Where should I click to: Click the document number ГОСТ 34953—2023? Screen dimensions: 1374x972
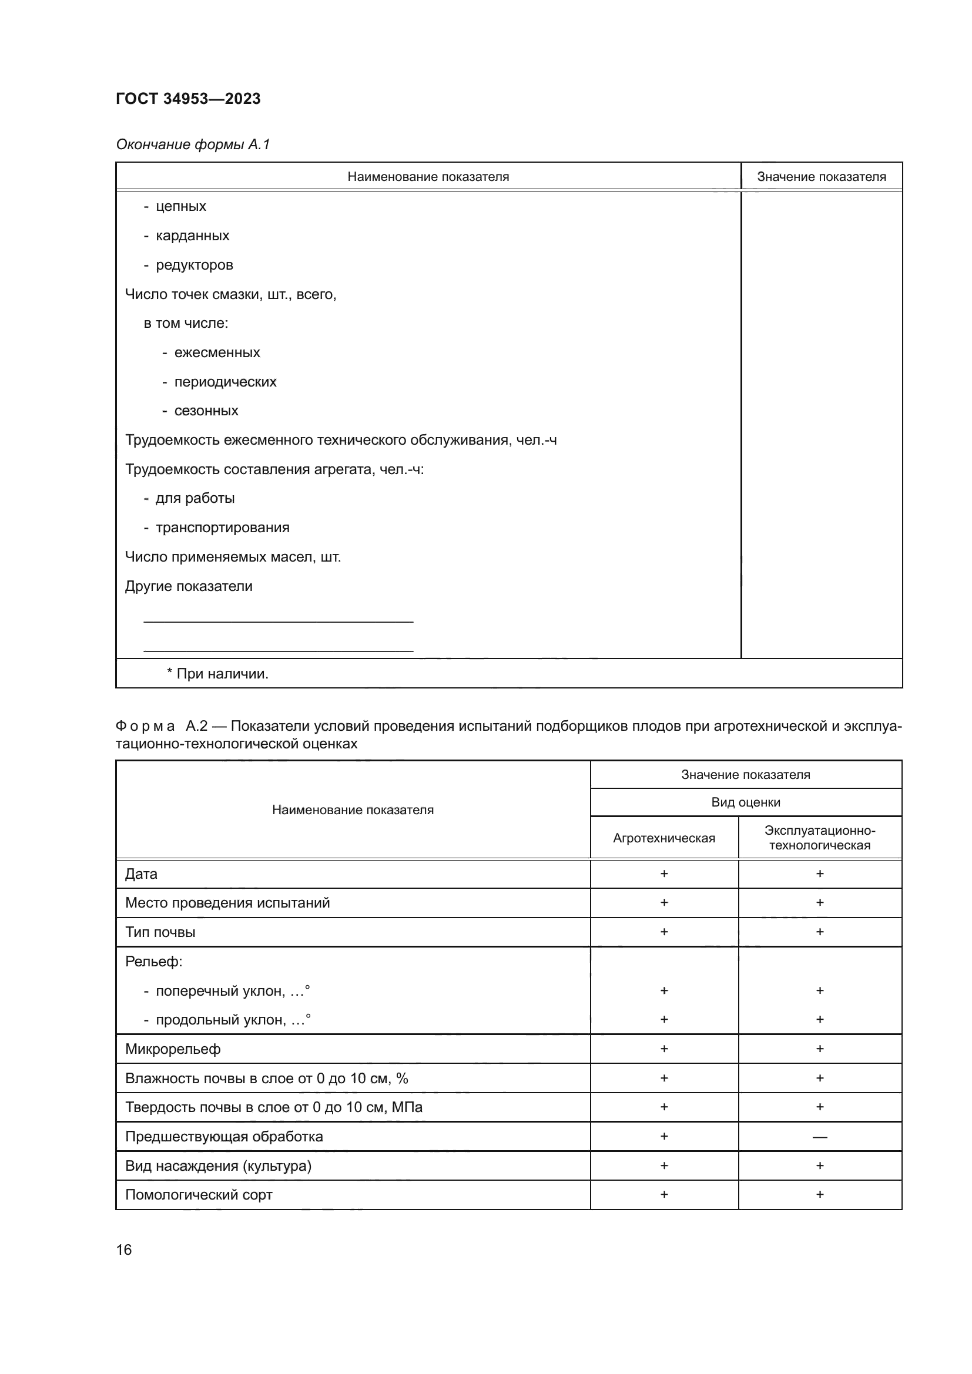click(188, 99)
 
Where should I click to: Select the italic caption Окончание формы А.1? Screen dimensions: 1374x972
click(193, 145)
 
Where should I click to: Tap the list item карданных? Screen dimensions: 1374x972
click(192, 236)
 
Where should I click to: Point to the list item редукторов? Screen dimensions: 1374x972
click(194, 265)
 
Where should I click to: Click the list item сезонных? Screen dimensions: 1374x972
click(206, 411)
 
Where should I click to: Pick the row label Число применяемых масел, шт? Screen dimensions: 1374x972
click(233, 557)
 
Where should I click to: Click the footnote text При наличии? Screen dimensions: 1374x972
click(222, 674)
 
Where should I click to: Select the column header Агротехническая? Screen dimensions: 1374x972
click(663, 838)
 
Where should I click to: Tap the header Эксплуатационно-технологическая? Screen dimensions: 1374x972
click(819, 838)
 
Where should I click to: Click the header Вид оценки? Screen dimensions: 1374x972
click(745, 802)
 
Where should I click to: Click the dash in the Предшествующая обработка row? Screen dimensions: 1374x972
click(819, 1137)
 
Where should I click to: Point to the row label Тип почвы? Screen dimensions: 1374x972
click(160, 932)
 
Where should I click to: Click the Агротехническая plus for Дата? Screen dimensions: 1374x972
click(663, 874)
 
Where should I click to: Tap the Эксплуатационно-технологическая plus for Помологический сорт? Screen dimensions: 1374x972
click(819, 1194)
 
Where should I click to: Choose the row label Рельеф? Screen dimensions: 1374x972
click(154, 962)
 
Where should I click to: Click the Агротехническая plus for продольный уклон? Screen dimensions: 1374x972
click(663, 1019)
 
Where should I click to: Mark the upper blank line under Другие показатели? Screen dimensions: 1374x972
click(279, 621)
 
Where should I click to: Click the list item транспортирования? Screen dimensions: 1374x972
click(222, 528)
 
